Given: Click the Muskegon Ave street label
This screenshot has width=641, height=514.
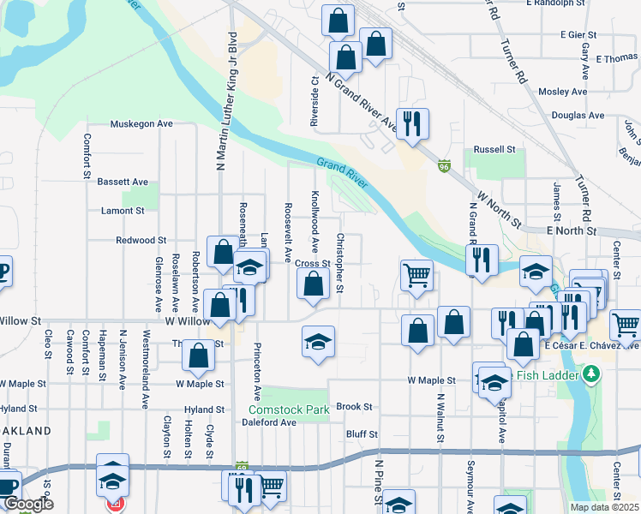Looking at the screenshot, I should pyautogui.click(x=141, y=123).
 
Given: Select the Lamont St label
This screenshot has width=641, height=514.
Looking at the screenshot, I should pyautogui.click(x=123, y=210).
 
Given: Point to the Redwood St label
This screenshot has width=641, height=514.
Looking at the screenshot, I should pyautogui.click(x=141, y=242).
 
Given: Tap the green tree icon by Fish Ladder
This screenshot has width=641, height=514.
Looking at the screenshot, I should pyautogui.click(x=590, y=374).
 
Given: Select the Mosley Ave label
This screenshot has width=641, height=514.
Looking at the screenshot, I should pyautogui.click(x=563, y=92).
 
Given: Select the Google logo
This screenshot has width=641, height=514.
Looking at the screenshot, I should pyautogui.click(x=28, y=505).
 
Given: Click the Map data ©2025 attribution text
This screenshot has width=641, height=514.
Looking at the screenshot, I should pyautogui.click(x=604, y=507).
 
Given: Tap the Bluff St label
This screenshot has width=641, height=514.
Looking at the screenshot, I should pyautogui.click(x=362, y=434).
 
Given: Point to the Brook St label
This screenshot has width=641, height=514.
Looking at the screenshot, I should pyautogui.click(x=354, y=407).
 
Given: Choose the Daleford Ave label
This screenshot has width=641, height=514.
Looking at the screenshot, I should pyautogui.click(x=269, y=422).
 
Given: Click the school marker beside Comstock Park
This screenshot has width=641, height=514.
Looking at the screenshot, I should pyautogui.click(x=317, y=343).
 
